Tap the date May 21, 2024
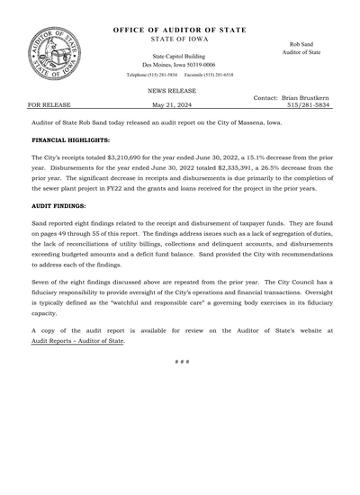click(x=175, y=104)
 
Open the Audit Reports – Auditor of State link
click(x=77, y=341)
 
